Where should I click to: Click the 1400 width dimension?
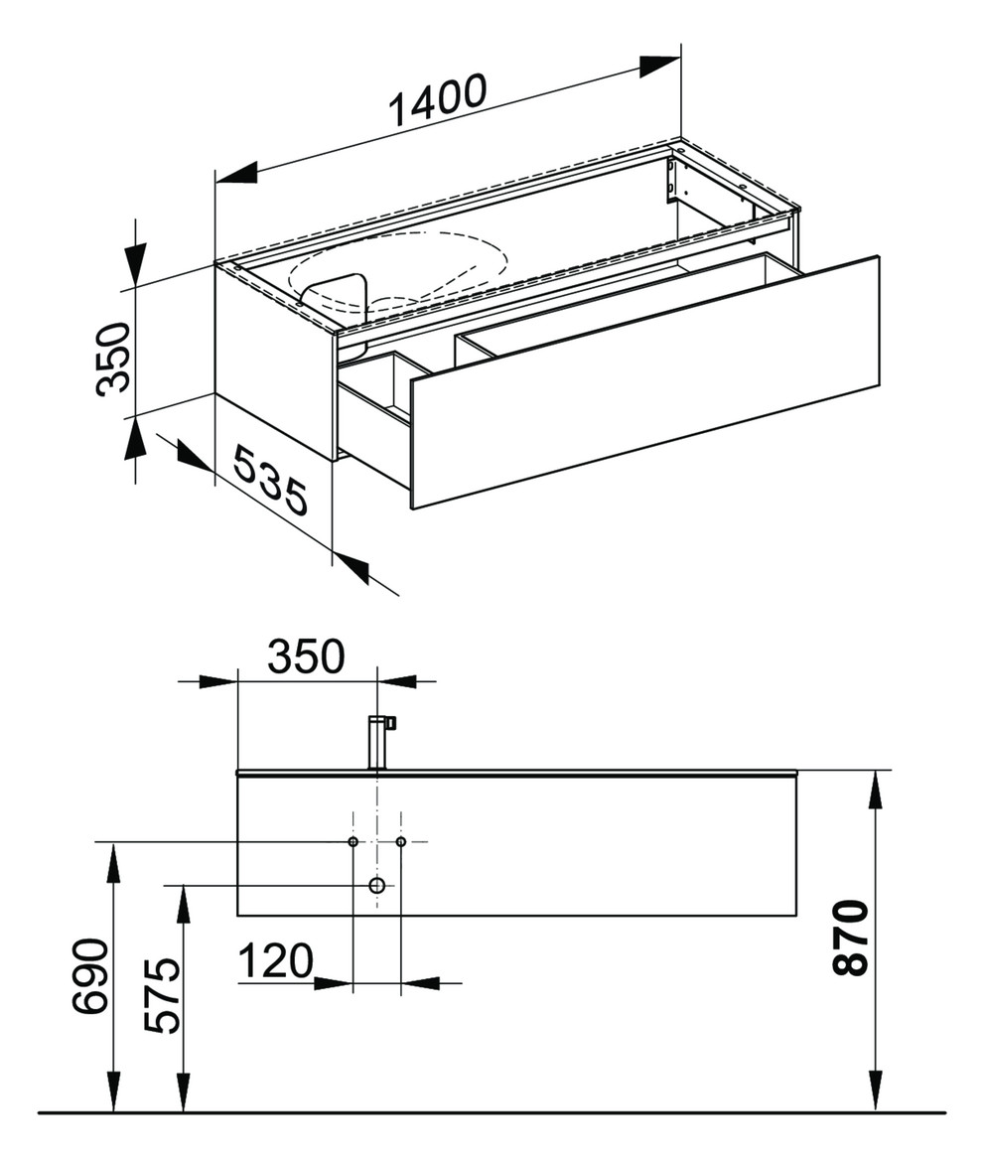click(x=437, y=101)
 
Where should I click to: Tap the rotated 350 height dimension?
click(x=114, y=359)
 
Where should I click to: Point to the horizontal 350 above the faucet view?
click(x=305, y=655)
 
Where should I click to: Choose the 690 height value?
click(x=90, y=975)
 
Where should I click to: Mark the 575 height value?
click(x=163, y=995)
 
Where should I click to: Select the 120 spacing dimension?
click(x=275, y=960)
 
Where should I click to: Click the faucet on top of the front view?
click(x=379, y=741)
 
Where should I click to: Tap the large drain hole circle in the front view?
click(x=377, y=885)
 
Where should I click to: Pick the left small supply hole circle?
click(x=353, y=842)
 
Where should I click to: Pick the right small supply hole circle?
click(x=401, y=842)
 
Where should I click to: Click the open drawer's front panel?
click(x=645, y=382)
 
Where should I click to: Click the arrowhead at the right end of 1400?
click(x=659, y=66)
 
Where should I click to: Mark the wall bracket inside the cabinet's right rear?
click(x=672, y=180)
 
